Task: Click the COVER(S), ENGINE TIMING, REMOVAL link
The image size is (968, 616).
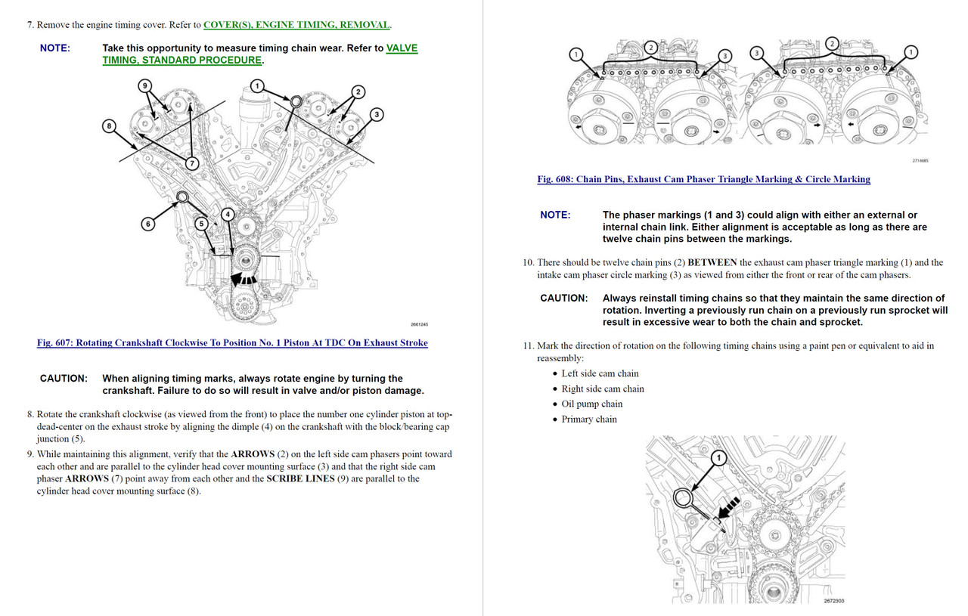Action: pos(296,25)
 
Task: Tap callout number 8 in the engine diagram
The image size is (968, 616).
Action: pos(110,125)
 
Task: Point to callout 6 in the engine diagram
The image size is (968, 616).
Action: pos(149,224)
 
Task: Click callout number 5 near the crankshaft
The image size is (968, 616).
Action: pos(201,224)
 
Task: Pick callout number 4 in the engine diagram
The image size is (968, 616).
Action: pos(226,215)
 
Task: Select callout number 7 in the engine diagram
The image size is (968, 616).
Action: pos(191,163)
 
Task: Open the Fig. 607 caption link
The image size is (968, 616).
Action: pos(232,343)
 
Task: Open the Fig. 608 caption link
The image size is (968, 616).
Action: pos(703,179)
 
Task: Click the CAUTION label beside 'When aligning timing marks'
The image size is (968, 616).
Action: pos(64,379)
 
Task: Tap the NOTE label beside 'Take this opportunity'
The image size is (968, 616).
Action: pos(54,48)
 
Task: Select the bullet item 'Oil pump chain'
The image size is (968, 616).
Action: pos(591,404)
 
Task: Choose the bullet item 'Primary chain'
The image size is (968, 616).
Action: pos(588,419)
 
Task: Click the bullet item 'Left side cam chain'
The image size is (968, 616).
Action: pos(600,373)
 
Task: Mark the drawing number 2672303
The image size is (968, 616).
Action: pos(833,602)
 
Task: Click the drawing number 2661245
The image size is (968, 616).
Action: pos(419,324)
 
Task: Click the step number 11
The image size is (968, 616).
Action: pos(528,346)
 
